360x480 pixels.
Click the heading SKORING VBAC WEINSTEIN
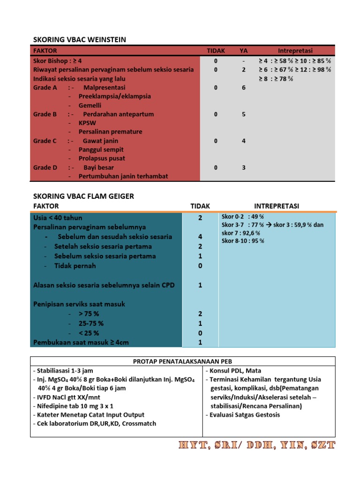coord(79,40)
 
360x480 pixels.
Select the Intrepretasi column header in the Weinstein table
coord(295,51)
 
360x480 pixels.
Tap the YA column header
coord(244,51)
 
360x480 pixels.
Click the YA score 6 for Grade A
coord(244,88)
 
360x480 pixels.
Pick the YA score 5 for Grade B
coord(244,114)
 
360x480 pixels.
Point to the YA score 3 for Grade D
coord(244,168)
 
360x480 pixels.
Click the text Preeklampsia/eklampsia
coord(115,97)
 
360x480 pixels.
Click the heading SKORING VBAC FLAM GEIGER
coord(83,196)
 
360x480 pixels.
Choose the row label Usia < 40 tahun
coord(58,218)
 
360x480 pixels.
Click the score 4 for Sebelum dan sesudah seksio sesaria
coord(200,237)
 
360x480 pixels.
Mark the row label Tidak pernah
coord(75,266)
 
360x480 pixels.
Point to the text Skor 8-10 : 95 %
coord(243,241)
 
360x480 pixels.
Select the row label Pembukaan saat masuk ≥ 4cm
coord(81,343)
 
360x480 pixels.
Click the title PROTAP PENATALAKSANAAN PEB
coord(183,361)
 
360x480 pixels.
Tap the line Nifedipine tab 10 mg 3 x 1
coord(73,406)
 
